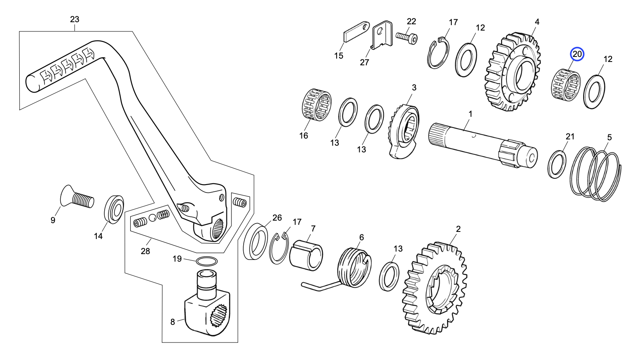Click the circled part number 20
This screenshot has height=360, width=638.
pyautogui.click(x=577, y=54)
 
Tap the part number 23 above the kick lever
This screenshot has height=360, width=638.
pyautogui.click(x=75, y=19)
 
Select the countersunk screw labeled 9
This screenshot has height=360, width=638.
pyautogui.click(x=77, y=196)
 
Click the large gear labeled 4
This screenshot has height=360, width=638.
pyautogui.click(x=513, y=72)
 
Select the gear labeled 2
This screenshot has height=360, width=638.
pyautogui.click(x=435, y=288)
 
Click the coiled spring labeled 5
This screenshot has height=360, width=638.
pyautogui.click(x=596, y=174)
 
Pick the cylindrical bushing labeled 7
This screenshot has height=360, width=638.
pyautogui.click(x=306, y=255)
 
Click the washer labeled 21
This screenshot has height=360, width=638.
pyautogui.click(x=557, y=164)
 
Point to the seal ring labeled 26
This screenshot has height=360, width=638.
pyautogui.click(x=255, y=241)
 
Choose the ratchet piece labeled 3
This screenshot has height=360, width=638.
pyautogui.click(x=403, y=131)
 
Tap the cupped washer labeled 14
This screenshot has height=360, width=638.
pyautogui.click(x=114, y=210)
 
